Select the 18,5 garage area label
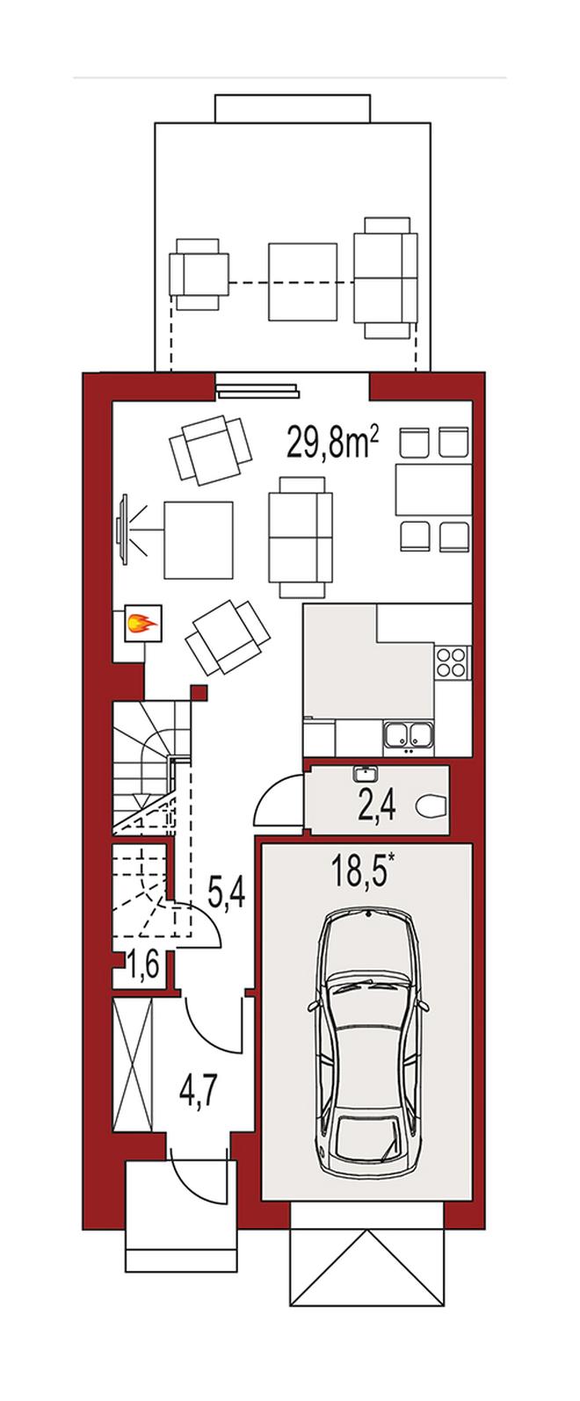click(x=363, y=871)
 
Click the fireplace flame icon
click(x=142, y=622)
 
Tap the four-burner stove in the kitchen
click(x=451, y=662)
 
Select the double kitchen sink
click(x=409, y=735)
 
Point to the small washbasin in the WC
click(x=365, y=773)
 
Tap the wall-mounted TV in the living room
click(x=123, y=529)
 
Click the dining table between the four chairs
click(x=433, y=489)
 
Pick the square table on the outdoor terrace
click(x=303, y=281)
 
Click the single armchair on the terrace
click(x=199, y=274)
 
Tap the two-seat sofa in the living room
click(x=301, y=537)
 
